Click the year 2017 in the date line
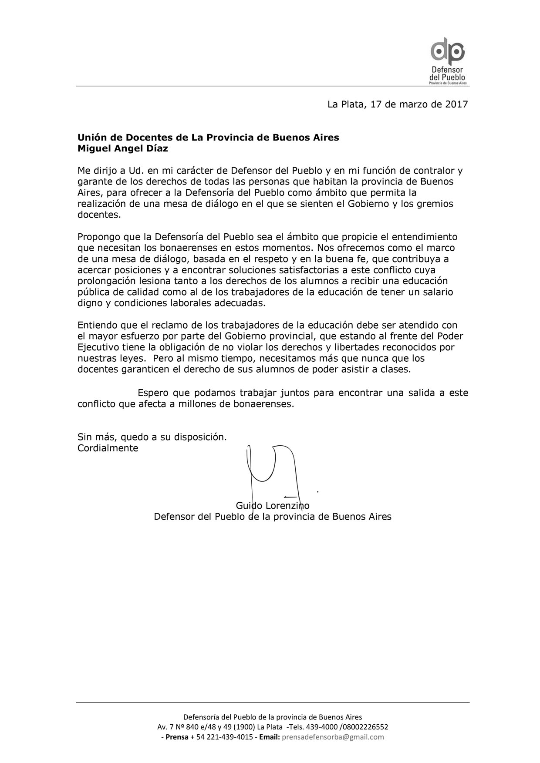pyautogui.click(x=456, y=104)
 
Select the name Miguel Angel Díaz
pyautogui.click(x=122, y=148)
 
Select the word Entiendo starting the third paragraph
pyautogui.click(x=97, y=325)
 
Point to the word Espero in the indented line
pyautogui.click(x=153, y=393)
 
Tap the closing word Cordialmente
pyautogui.click(x=108, y=448)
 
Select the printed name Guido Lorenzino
pyautogui.click(x=273, y=506)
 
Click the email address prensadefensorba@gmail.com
pyautogui.click(x=333, y=737)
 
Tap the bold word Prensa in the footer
pyautogui.click(x=177, y=737)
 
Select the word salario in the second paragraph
pyautogui.click(x=436, y=292)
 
